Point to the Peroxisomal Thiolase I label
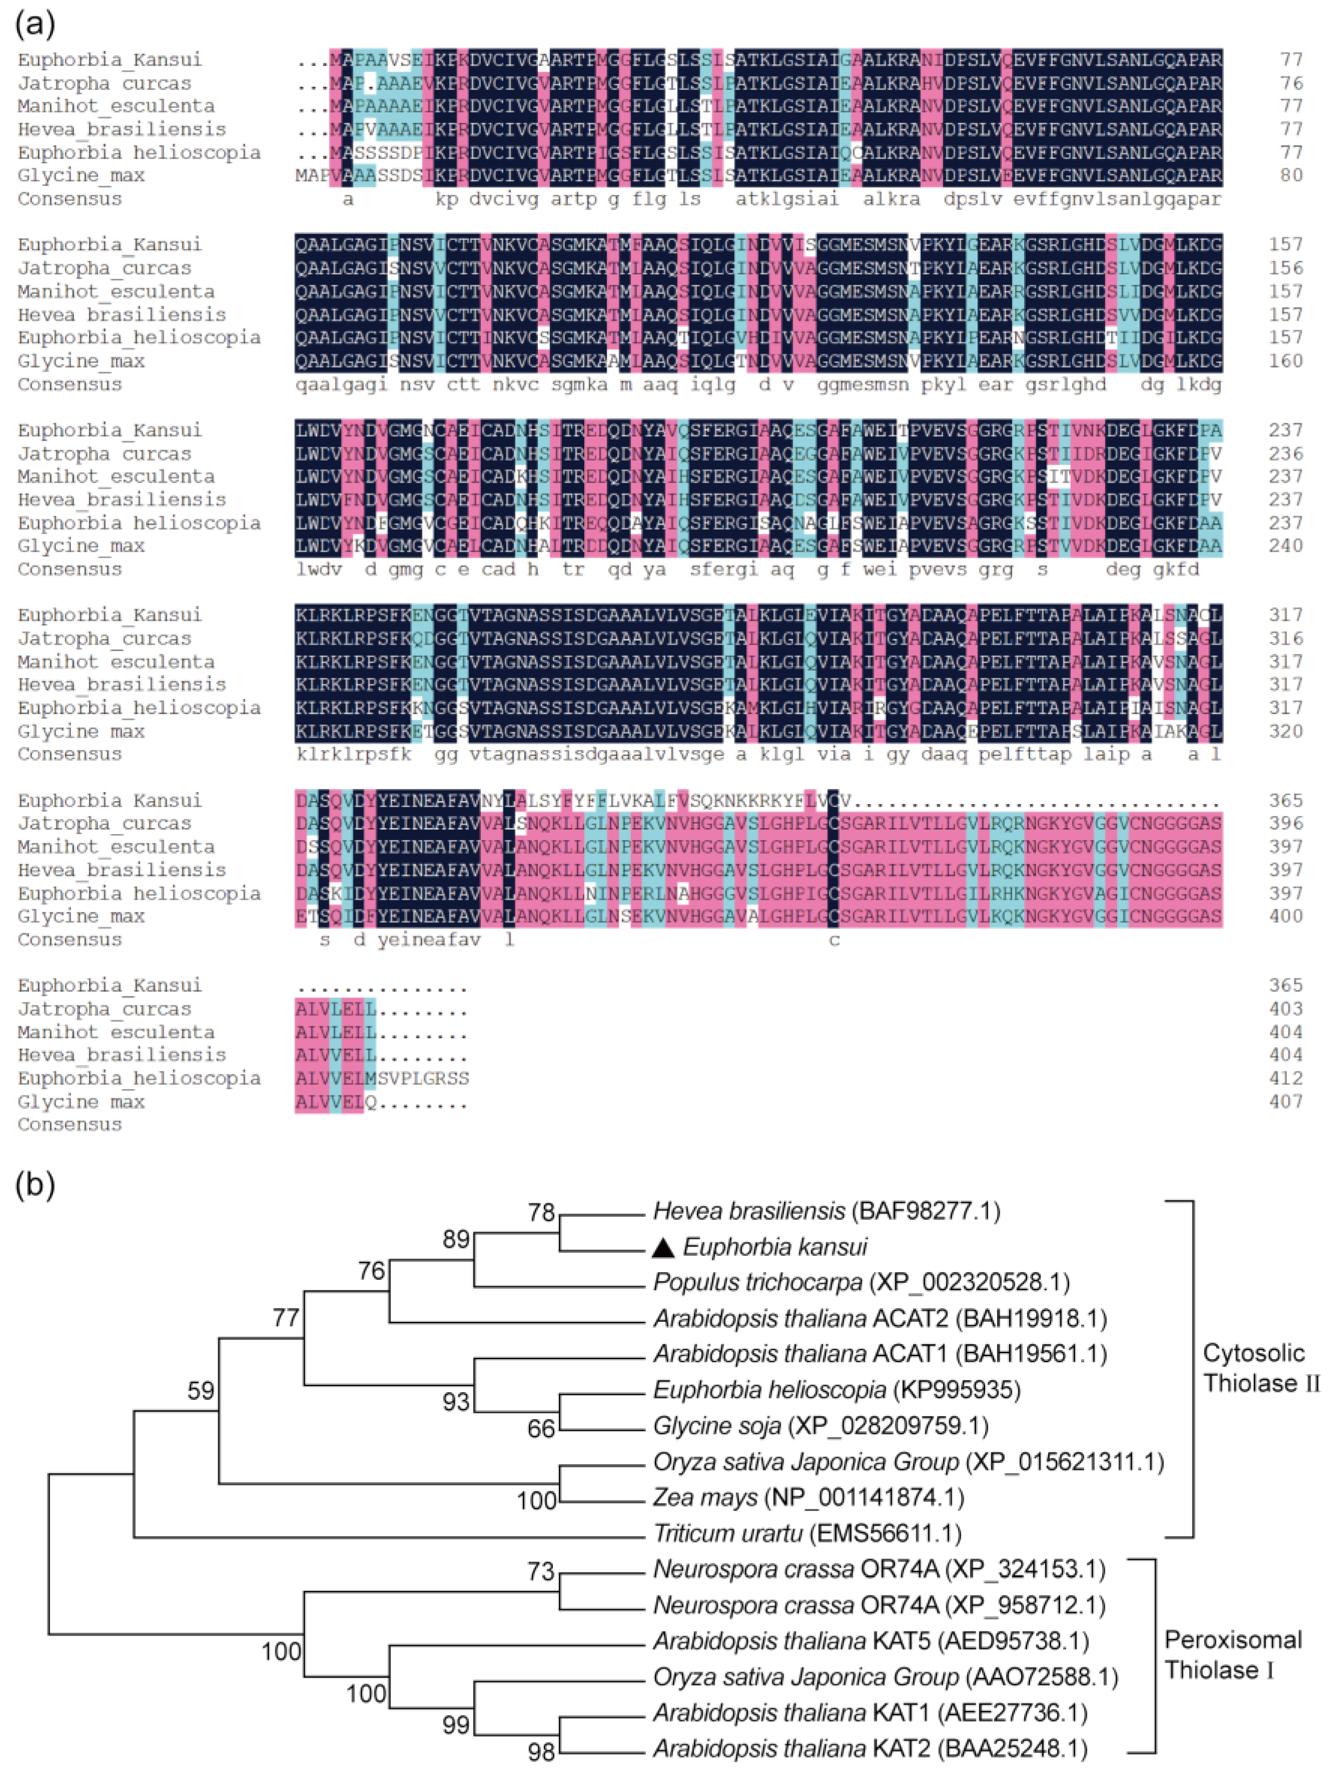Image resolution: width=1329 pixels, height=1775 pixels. (1233, 1655)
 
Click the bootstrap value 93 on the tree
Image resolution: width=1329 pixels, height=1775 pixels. (456, 1402)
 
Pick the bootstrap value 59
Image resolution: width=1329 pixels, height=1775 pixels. (200, 1391)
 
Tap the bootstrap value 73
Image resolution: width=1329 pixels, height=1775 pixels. (541, 1571)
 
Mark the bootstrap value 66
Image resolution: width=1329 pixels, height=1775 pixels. (541, 1429)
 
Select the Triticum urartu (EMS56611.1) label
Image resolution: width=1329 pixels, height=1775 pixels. (807, 1534)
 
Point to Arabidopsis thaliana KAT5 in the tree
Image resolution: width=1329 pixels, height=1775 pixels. (871, 1641)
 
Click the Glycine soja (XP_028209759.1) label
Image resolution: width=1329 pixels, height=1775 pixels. (820, 1426)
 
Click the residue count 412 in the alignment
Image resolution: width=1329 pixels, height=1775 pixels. (1286, 1078)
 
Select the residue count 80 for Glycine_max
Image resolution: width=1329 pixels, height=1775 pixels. (1292, 175)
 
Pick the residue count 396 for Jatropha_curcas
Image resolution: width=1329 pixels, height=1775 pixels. (1286, 824)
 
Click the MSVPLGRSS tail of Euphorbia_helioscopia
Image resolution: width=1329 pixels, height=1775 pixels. (423, 1078)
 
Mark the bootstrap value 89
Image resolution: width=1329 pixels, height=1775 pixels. (456, 1239)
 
